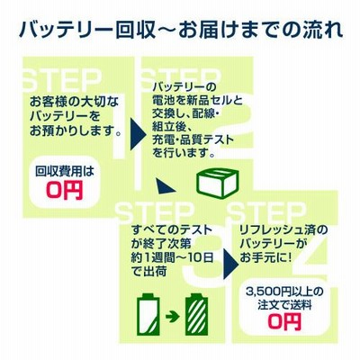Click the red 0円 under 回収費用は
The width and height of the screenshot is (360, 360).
(x=65, y=191)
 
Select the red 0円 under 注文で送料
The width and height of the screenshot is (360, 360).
(x=284, y=321)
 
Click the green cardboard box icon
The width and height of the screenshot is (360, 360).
(x=218, y=183)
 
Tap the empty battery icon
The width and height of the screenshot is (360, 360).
(x=148, y=314)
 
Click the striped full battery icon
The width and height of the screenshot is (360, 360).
(x=196, y=314)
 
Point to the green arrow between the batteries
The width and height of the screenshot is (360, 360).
(x=173, y=317)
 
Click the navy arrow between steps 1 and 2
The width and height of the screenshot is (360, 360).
(x=138, y=133)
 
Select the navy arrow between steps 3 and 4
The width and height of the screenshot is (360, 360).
(x=232, y=257)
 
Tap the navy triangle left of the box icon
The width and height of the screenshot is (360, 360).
(x=165, y=186)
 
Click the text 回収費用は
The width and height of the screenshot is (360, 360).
(x=65, y=172)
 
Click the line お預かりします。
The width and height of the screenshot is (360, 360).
(x=76, y=131)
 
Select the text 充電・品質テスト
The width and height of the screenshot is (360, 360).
(x=193, y=140)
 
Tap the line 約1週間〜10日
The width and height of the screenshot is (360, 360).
(x=173, y=257)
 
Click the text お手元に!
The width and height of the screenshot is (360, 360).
(x=265, y=257)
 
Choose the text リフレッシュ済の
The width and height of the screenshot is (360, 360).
(x=283, y=230)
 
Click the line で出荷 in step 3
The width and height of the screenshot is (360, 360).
(x=149, y=272)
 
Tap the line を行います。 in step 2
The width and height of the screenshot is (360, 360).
(x=184, y=154)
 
